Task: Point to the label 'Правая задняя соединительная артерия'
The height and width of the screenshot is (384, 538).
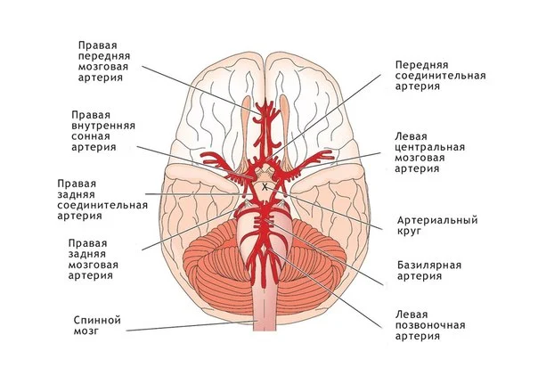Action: point(101,199)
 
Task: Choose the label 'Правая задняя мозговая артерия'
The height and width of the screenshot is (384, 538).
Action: point(95,259)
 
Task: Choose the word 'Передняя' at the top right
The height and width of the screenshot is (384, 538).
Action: point(421,65)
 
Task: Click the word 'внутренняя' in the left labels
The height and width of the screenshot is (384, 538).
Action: point(103,126)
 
